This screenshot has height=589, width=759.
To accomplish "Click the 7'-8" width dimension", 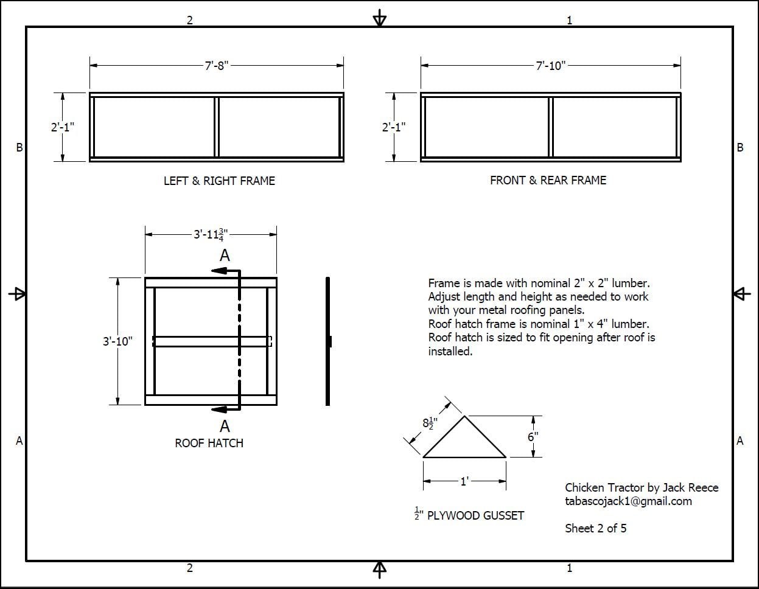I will pos(216,66).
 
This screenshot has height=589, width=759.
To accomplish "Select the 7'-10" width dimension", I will pos(550,66).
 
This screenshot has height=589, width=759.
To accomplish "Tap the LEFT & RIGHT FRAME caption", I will pos(219,181).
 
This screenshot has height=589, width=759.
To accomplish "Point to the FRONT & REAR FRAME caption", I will pos(548,180).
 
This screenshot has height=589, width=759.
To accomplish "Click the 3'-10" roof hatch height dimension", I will pos(117,341).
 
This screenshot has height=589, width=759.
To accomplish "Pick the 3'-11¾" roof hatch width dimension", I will pos(211,234).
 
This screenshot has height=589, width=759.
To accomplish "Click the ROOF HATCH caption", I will pos(209,443).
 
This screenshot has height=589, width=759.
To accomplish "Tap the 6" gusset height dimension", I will pos(533,437).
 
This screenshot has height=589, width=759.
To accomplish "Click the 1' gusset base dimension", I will pos(464,481).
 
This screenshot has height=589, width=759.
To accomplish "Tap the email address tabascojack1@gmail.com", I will pos(628,501).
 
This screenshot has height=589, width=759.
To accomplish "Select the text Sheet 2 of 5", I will pos(595,528).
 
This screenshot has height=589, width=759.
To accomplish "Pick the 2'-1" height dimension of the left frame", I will pos(62,127).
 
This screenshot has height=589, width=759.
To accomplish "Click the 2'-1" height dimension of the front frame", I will pos(394,127).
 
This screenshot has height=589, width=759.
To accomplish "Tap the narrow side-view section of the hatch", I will pos(327,341).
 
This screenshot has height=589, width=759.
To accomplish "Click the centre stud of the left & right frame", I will pos(216,127).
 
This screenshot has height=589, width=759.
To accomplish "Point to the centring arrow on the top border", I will pos(379,19).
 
